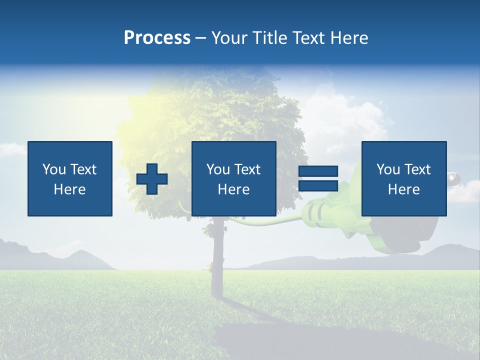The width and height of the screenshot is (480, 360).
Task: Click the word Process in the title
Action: (157, 38)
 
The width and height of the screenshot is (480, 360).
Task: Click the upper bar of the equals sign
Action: (318, 171)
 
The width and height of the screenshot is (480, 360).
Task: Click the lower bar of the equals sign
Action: (318, 185)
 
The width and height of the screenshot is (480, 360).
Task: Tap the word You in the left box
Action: (54, 169)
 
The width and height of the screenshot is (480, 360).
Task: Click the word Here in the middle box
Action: (234, 189)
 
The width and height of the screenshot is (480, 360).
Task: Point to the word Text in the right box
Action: (417, 169)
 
